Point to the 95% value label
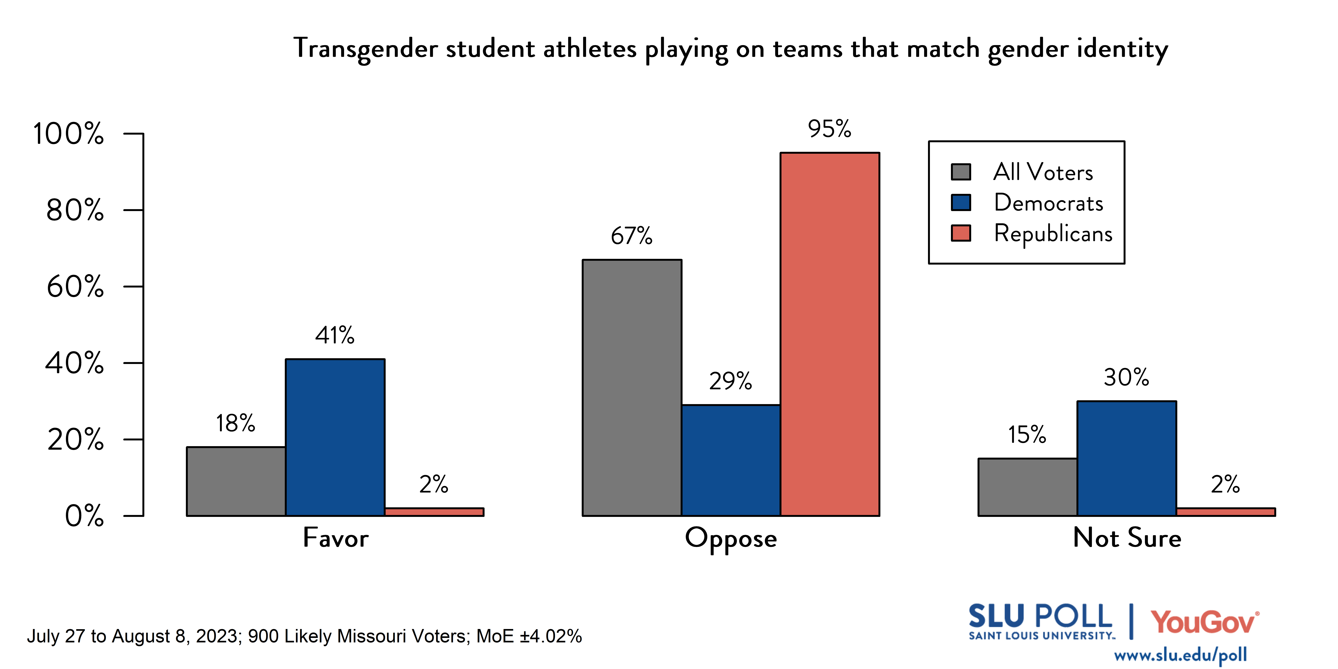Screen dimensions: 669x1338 pos(830,129)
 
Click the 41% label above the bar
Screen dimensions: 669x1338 pos(335,336)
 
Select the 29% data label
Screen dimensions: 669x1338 pos(730,381)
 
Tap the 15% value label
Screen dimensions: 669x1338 pos(1027,435)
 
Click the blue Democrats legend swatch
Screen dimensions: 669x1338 pos(960,203)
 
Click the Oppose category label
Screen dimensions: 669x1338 pos(731,538)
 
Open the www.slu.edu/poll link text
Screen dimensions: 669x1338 pos(1180,655)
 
